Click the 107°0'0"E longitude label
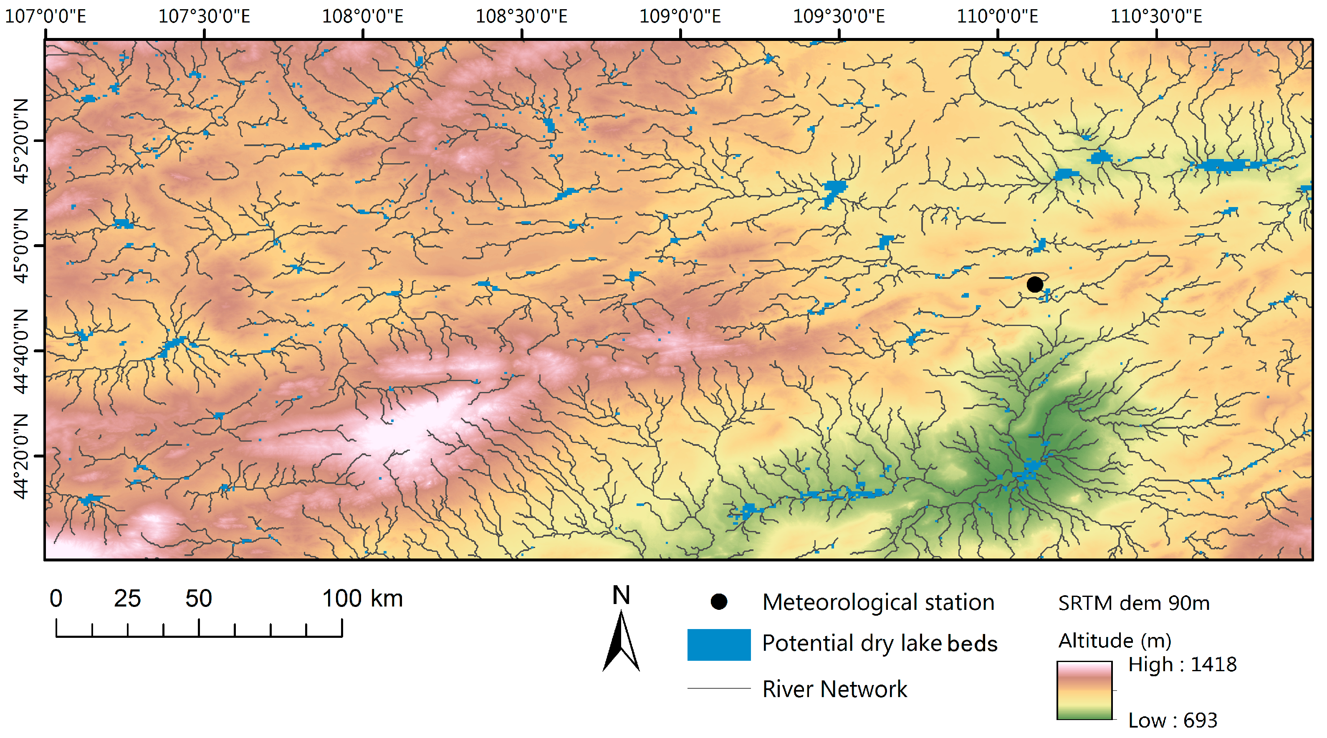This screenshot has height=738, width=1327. (x=45, y=16)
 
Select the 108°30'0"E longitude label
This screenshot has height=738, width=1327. (x=521, y=16)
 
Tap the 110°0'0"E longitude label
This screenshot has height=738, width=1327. (x=997, y=16)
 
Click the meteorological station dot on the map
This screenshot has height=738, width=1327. (x=1034, y=284)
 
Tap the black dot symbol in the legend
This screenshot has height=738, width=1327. (x=719, y=602)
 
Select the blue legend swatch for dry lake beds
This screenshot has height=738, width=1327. (x=719, y=644)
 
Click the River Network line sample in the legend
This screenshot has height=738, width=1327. (x=719, y=688)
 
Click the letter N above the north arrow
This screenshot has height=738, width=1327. (x=621, y=595)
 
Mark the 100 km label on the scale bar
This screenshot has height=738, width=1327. (x=363, y=599)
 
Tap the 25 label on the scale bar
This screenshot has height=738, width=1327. (x=127, y=599)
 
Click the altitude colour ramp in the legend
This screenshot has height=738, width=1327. (x=1084, y=690)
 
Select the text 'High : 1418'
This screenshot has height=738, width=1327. (x=1182, y=665)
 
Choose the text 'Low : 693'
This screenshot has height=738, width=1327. (x=1173, y=720)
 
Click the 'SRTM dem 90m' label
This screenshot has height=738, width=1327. (x=1134, y=603)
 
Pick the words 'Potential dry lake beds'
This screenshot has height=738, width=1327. (x=880, y=644)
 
